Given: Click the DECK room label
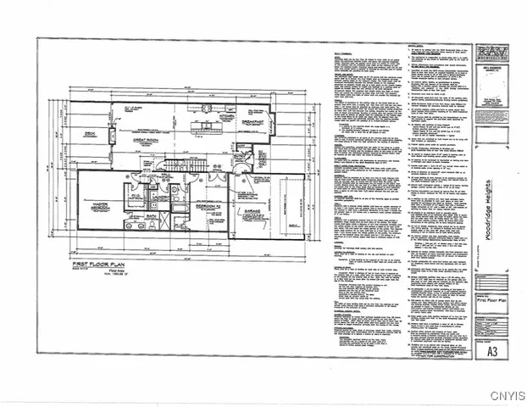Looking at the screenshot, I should click(88, 134).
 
